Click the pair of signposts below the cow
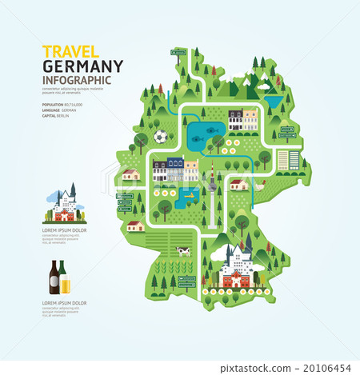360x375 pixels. coord(186,281)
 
